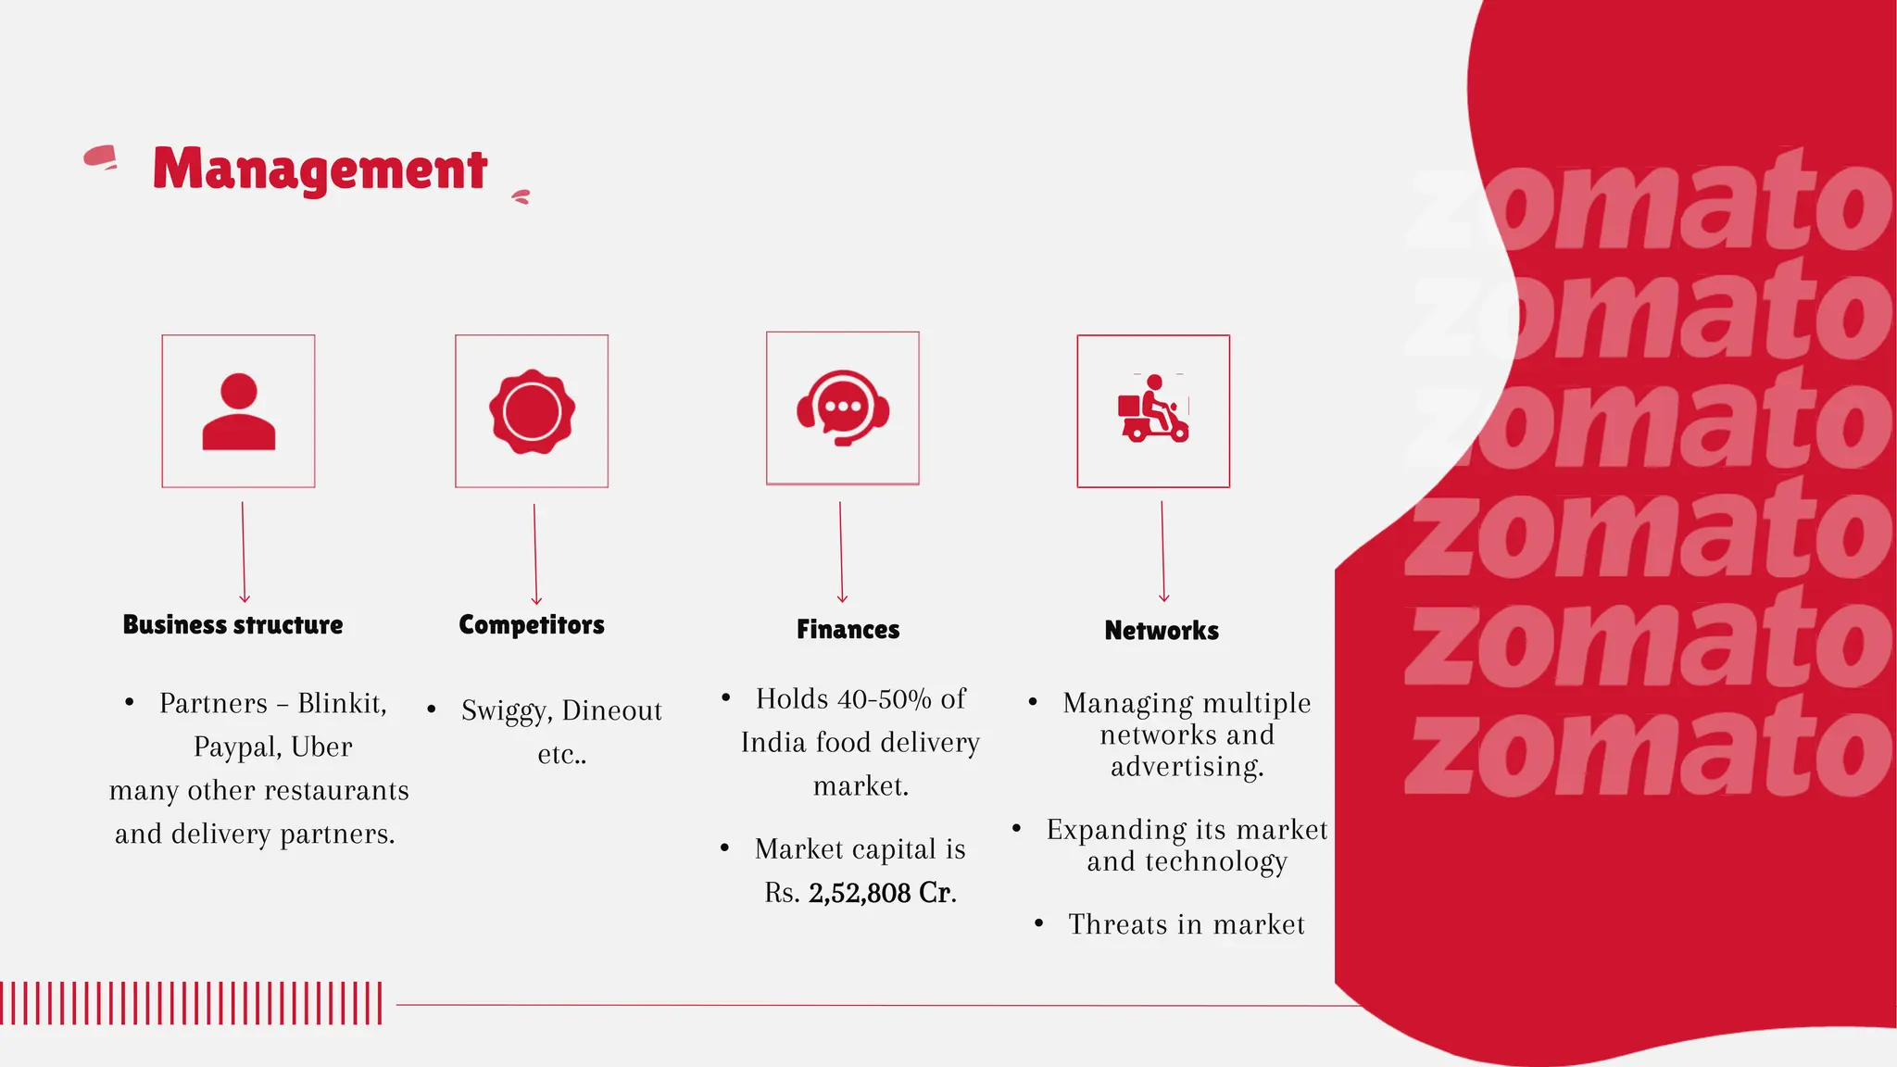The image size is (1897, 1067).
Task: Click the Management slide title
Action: click(x=320, y=169)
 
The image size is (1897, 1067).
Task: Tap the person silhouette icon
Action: click(x=239, y=412)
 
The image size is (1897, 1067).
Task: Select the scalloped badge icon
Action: click(x=532, y=411)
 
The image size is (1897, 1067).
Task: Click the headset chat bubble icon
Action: click(x=843, y=408)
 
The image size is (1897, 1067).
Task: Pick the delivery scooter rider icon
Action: click(x=1153, y=409)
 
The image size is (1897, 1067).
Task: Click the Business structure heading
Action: click(x=232, y=625)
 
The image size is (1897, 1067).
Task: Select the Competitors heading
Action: click(x=532, y=625)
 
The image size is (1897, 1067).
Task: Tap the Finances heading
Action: click(x=848, y=630)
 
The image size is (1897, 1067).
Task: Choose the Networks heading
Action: click(x=1162, y=631)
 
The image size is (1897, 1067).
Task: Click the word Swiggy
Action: click(x=506, y=711)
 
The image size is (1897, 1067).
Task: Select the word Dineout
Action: click(x=611, y=710)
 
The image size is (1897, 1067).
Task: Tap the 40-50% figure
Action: click(x=884, y=699)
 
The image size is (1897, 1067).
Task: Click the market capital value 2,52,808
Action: click(x=860, y=893)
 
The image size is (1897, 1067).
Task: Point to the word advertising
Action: click(x=1187, y=767)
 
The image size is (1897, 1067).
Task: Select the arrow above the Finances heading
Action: click(x=841, y=553)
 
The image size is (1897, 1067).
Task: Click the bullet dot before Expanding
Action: click(x=1017, y=828)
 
